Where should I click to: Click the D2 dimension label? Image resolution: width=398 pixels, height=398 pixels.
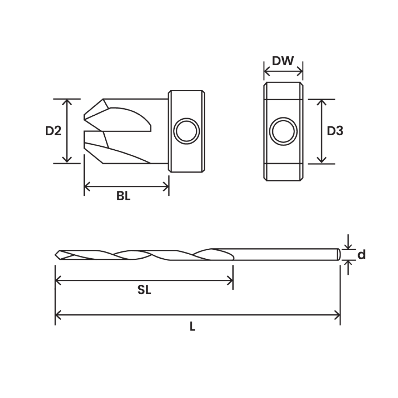(53, 131)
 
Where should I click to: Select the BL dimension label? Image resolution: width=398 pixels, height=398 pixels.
(123, 196)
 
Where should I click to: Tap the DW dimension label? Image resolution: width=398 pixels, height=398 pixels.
(283, 61)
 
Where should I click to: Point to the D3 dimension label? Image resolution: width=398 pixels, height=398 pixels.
(335, 131)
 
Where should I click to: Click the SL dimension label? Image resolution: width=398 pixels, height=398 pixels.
(144, 290)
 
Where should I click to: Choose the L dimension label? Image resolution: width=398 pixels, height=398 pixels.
(192, 327)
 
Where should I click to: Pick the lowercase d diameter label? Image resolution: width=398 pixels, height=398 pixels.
(362, 255)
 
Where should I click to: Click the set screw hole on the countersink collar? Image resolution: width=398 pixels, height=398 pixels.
(187, 131)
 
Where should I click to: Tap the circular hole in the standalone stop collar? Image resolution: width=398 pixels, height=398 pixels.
(283, 131)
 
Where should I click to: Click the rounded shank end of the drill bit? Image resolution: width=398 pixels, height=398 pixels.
(338, 254)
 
